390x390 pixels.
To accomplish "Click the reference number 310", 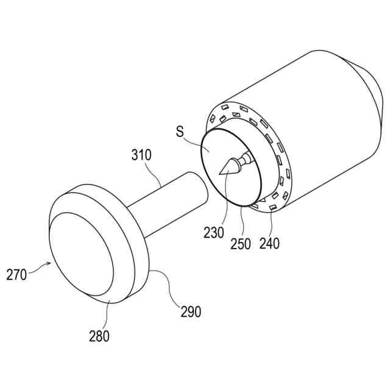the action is (141, 155).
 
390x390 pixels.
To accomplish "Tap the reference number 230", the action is (214, 233).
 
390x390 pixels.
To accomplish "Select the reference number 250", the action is (241, 244).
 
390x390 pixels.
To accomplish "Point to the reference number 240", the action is (269, 243).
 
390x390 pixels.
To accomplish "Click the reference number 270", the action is (16, 275).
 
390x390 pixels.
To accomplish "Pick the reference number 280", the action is (99, 336).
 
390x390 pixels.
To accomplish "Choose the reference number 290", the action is (191, 311).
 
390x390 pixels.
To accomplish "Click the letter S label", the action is (180, 132).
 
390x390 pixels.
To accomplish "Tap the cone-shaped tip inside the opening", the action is (229, 166).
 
